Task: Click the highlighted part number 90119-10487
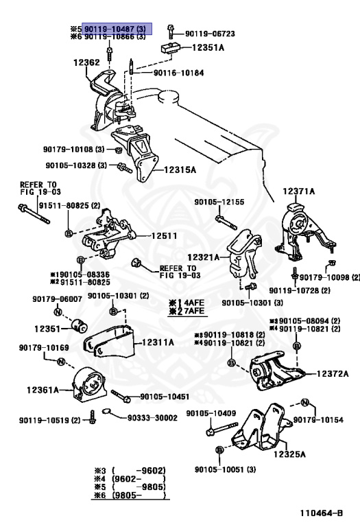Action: point(115,29)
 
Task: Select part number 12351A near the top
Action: point(208,48)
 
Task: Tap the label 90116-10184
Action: point(179,73)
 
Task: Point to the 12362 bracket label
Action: point(86,62)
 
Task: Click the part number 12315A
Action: point(180,169)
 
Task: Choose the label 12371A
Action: point(298,191)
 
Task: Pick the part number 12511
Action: point(164,235)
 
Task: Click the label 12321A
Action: point(203,257)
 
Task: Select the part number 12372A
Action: point(333,373)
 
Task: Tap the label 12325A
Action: point(289,454)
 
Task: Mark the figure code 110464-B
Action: point(322,513)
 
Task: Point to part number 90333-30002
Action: point(152,418)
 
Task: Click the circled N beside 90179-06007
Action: point(58,312)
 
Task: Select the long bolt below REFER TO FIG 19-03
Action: point(34,214)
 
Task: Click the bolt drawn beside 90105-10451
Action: point(121,395)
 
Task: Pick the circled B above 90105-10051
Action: point(219,449)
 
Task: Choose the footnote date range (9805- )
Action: point(139,495)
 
